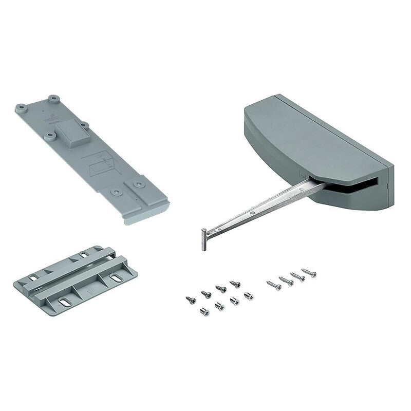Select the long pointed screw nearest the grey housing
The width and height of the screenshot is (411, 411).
[x=308, y=272]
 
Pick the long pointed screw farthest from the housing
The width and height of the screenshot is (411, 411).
[x=273, y=284]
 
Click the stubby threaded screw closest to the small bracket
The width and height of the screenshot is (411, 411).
[x=204, y=311]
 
